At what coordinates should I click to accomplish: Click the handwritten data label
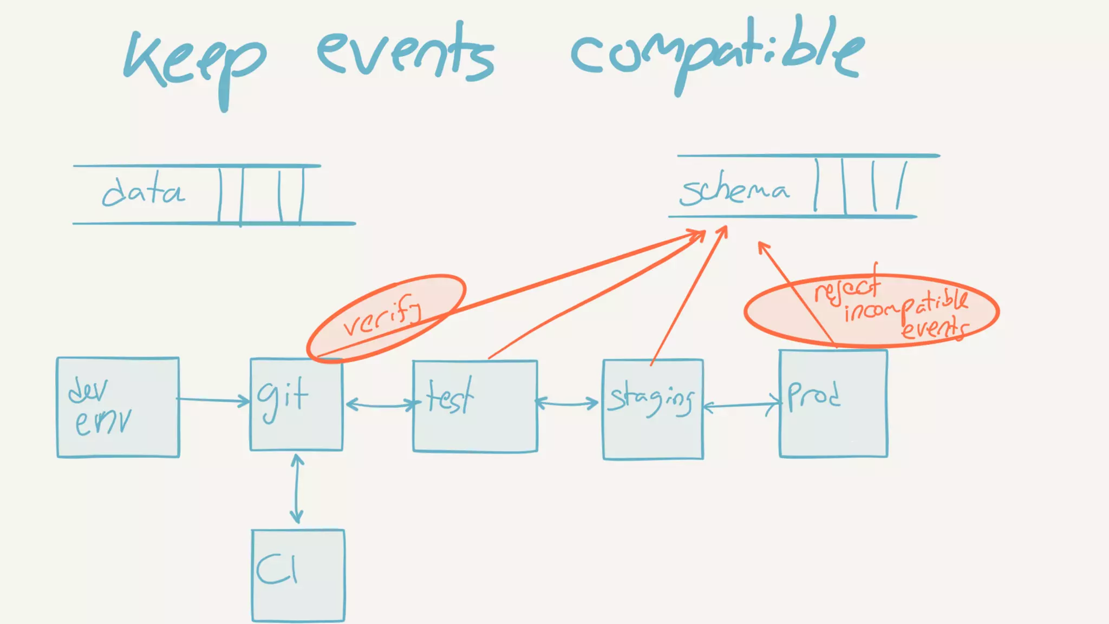143,191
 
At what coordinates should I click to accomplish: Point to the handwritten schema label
734,191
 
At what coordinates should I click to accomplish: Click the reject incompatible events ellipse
872,310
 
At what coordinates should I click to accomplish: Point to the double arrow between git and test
381,405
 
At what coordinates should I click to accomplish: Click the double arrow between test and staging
567,403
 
